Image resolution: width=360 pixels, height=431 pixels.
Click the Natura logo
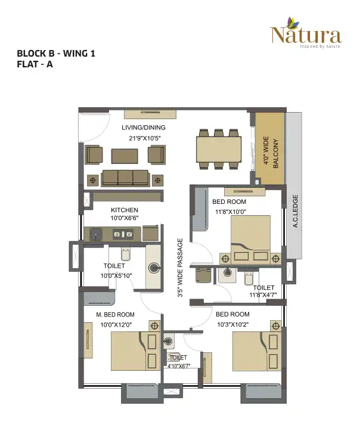pos(306,33)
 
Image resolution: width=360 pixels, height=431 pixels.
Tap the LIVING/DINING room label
pos(144,128)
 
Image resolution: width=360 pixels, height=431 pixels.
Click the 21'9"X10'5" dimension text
pos(145,138)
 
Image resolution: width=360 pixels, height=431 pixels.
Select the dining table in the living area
pos(219,150)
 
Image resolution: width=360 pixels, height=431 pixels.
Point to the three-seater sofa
pos(125,178)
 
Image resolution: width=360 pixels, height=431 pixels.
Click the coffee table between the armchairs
pos(125,156)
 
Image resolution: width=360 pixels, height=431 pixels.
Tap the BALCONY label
pos(275,153)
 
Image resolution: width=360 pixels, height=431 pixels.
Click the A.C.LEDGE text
pos(296,211)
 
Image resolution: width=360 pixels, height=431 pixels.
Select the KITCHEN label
pos(125,210)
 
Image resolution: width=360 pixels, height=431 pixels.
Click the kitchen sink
pos(95,235)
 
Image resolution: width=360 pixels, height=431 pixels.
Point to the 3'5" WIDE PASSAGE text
pos(180,268)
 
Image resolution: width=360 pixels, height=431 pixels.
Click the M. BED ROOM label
pos(116,314)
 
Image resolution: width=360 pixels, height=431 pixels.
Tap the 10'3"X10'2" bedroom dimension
pos(233,324)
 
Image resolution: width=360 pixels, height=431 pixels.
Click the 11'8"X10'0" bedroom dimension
pos(230,212)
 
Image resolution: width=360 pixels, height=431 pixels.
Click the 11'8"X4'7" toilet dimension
pos(263,295)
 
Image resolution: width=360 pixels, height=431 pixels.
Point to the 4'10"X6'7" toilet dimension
pos(179,366)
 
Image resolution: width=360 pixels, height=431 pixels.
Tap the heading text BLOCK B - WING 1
pos(56,53)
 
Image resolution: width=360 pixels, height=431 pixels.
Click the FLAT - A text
pos(35,64)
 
